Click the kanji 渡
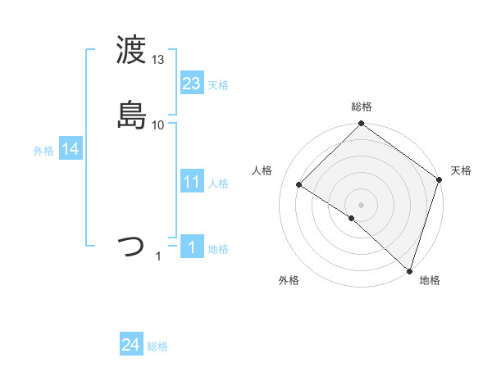pos(133,51)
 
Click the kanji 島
pos(133,114)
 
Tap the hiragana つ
pos(132,246)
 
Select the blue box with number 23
pos(192,84)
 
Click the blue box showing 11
pos(192,182)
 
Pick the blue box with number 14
pos(71,149)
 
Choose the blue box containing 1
pos(192,247)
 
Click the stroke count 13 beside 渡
pos(158,60)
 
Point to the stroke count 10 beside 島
pos(158,125)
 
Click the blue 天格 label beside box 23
pos(218,85)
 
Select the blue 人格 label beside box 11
pos(218,183)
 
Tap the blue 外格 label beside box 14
pos(43,151)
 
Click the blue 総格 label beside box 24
pos(157,347)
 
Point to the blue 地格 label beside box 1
pos(218,249)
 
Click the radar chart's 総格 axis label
pos(362,106)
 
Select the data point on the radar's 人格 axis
pos(299,185)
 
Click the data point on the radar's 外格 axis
pos(352,219)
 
